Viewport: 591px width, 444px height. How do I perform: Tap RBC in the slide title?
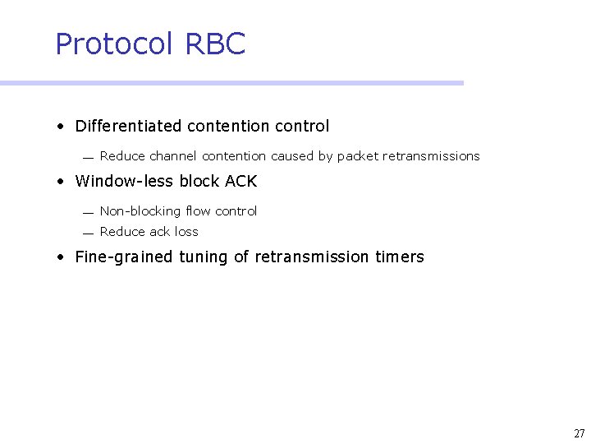215,44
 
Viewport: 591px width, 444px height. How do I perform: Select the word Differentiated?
128,126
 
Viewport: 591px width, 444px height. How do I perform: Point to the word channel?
173,155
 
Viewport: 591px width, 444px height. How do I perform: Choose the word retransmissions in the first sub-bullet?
431,155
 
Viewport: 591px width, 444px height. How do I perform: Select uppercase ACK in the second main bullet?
241,181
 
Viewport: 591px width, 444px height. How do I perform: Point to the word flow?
198,211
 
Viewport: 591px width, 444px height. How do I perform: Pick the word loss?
186,232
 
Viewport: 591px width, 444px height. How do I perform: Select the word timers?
400,257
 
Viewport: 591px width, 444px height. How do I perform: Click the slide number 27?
579,433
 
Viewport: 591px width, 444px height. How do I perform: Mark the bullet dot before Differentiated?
61,127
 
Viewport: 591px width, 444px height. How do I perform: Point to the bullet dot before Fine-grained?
61,257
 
